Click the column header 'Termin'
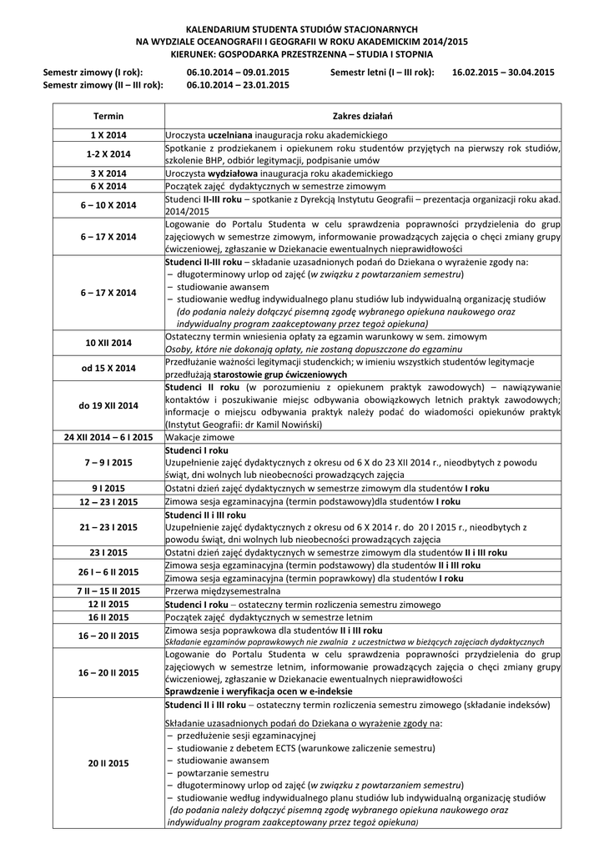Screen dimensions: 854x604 [x=108, y=115]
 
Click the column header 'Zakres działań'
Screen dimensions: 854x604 [x=362, y=115]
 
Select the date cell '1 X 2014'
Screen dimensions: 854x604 [x=108, y=134]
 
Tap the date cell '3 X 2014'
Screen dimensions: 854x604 [x=108, y=173]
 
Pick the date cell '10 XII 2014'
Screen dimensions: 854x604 [x=108, y=342]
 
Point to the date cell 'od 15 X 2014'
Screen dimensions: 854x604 [x=108, y=368]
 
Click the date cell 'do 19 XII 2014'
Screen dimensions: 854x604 [x=108, y=406]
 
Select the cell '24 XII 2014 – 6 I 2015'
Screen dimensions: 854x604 [x=108, y=436]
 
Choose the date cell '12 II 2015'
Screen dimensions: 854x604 [x=108, y=604]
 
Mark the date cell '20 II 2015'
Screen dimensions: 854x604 [x=108, y=763]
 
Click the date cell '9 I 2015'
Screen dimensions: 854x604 [x=108, y=488]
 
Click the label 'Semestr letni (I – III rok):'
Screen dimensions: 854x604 [x=382, y=73]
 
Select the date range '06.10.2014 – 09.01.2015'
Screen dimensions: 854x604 [x=239, y=73]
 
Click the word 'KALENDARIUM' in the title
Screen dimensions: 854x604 [x=219, y=28]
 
